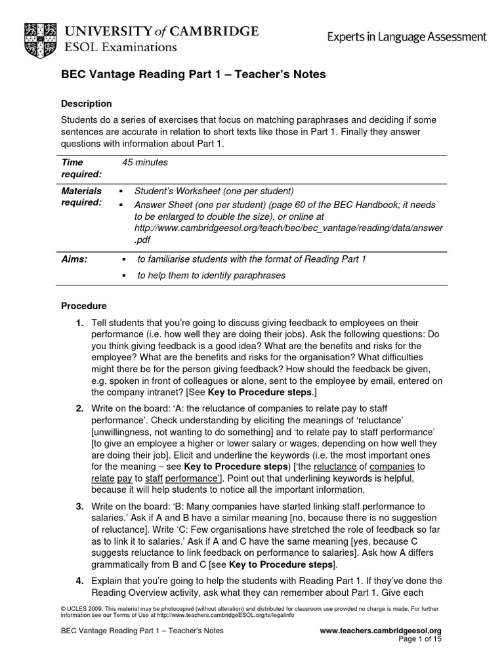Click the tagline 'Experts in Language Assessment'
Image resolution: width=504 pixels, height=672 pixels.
pyautogui.click(x=407, y=37)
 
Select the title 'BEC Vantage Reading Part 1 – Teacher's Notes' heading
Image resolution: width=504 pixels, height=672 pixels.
pyautogui.click(x=193, y=75)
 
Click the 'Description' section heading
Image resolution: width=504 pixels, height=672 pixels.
pyautogui.click(x=86, y=104)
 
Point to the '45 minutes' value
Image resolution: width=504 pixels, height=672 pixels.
pyautogui.click(x=145, y=162)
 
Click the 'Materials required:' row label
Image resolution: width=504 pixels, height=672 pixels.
pyautogui.click(x=81, y=197)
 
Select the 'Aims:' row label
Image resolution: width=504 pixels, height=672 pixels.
pyautogui.click(x=74, y=259)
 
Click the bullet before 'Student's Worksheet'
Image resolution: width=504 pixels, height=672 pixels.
pyautogui.click(x=121, y=192)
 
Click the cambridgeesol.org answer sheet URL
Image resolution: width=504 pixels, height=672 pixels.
pyautogui.click(x=289, y=228)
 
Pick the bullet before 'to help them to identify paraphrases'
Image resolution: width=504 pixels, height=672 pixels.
pyautogui.click(x=124, y=276)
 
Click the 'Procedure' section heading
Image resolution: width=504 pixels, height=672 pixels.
pyautogui.click(x=83, y=306)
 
